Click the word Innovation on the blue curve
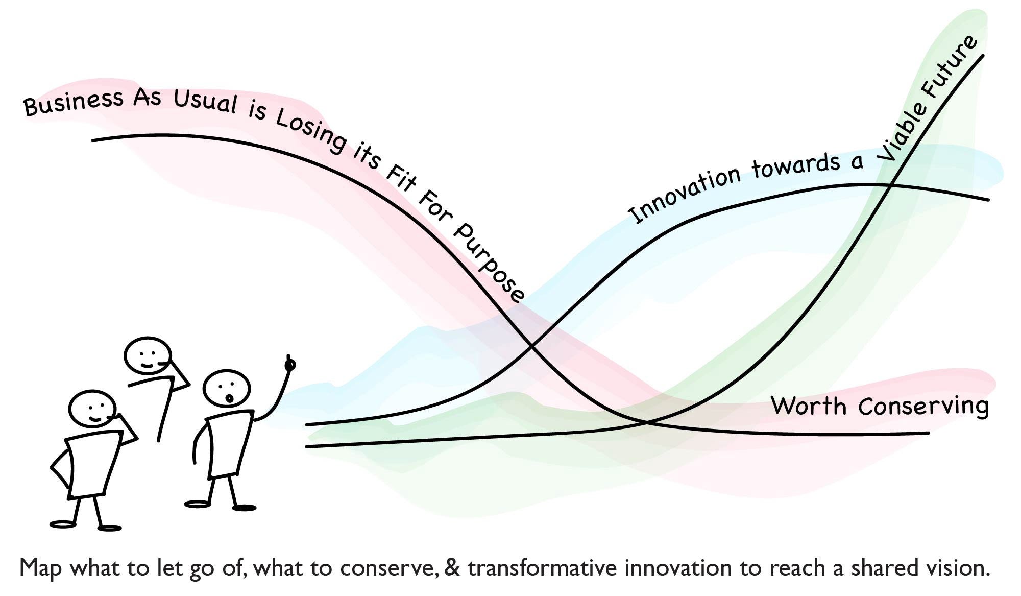pyautogui.click(x=684, y=192)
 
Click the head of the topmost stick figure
pyautogui.click(x=148, y=355)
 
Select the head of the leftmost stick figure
pyautogui.click(x=92, y=408)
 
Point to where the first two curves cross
pyautogui.click(x=532, y=347)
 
